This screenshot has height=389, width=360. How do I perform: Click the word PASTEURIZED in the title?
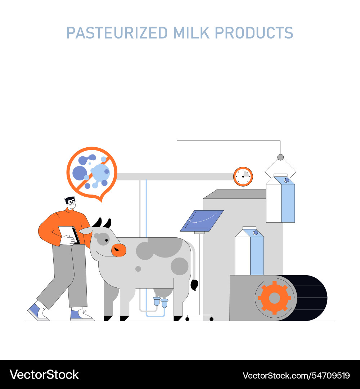tap(117, 33)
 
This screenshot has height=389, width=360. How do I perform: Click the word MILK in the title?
tap(192, 33)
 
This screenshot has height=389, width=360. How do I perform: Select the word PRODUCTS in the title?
tap(254, 33)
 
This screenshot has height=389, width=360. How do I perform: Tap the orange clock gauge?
tap(243, 176)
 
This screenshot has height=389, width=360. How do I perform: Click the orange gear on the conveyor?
tap(274, 298)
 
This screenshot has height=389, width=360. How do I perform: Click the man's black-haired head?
tap(70, 203)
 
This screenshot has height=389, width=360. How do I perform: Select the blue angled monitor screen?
tap(202, 220)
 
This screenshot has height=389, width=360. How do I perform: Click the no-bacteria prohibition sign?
tap(92, 172)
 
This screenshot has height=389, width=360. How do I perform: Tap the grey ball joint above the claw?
tap(280, 157)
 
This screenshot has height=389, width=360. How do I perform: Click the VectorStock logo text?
tap(44, 375)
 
